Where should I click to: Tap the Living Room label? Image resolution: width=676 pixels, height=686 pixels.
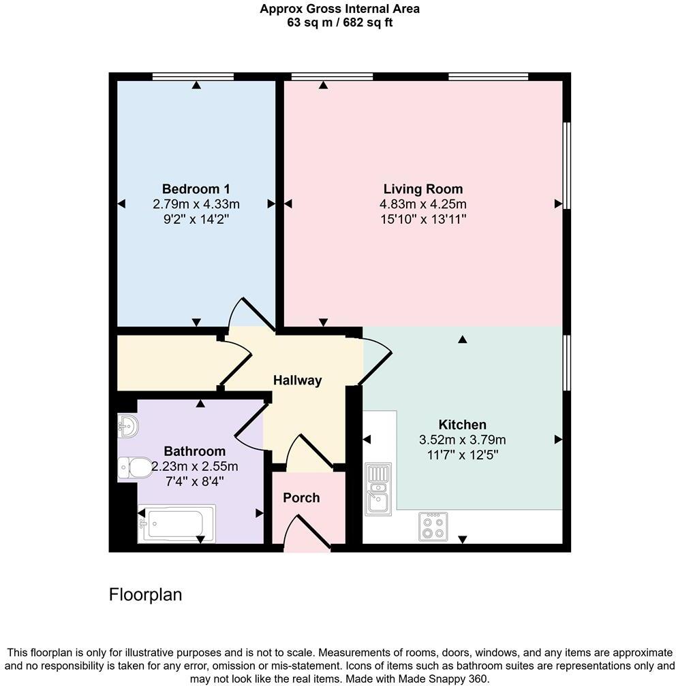point(422,189)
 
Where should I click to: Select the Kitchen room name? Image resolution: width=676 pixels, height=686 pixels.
point(462,425)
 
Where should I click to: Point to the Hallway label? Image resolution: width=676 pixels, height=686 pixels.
point(297,380)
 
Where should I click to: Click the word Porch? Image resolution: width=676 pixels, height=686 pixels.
point(301,497)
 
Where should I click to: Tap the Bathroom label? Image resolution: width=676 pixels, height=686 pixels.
point(194,451)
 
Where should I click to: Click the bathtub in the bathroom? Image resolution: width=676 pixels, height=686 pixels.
point(176,523)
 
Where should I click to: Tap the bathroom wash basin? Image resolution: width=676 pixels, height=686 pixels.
point(128,426)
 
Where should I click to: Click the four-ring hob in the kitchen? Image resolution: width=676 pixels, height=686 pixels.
point(433,526)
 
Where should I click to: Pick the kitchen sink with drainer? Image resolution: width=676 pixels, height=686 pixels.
point(377,489)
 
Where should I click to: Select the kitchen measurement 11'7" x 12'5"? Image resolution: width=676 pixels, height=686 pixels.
point(462,455)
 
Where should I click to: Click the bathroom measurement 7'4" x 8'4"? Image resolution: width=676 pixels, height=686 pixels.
point(194,480)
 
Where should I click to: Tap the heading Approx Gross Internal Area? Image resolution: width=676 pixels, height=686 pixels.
point(339,9)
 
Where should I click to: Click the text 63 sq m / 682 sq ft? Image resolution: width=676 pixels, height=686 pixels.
point(339,22)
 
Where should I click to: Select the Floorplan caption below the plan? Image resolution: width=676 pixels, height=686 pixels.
point(145,595)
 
